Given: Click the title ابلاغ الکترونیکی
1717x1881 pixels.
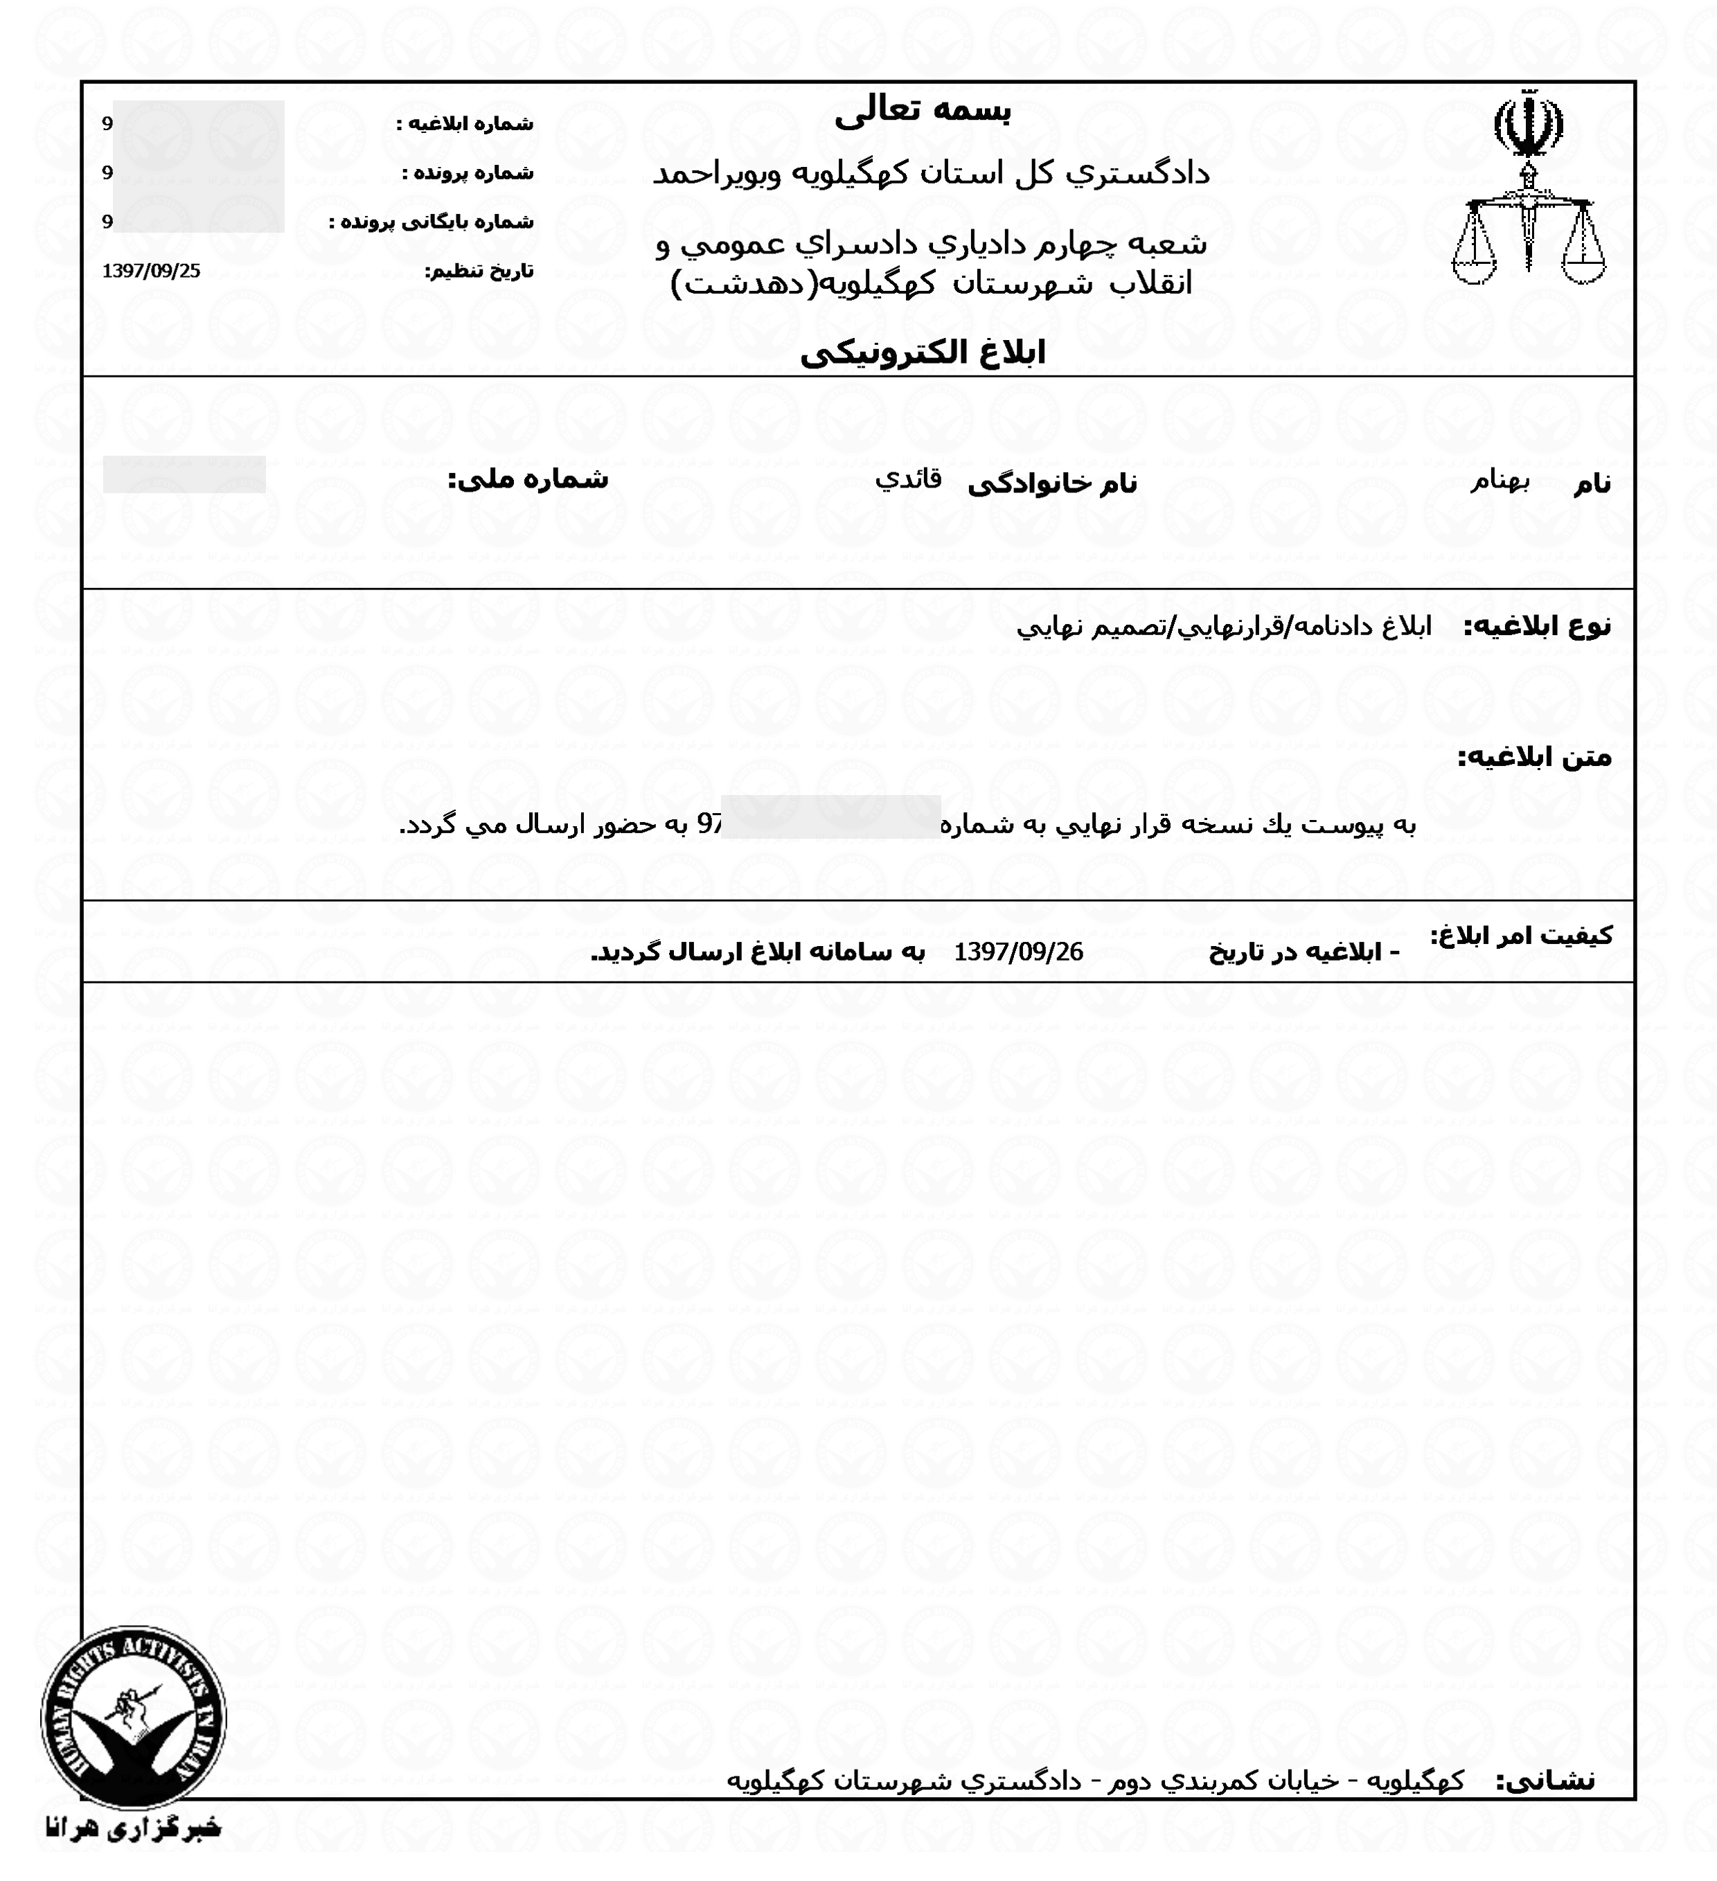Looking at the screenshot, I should pos(922,353).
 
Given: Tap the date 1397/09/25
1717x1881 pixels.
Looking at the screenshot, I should pos(151,271).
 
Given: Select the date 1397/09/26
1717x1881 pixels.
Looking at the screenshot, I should pos(1018,952).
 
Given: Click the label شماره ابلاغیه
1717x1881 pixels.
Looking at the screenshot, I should pos(465,124).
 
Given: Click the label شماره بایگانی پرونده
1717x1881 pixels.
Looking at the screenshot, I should pos(431,223).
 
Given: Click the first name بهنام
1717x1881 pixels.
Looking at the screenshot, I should pos(1500,481).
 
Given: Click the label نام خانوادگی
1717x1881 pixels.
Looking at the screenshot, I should pos(1053,483).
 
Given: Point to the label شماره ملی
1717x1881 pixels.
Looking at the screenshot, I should pos(528,479).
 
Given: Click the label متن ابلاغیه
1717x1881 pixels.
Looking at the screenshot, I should pos(1535,758).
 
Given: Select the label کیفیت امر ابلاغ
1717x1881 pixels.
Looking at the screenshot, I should pos(1521,936).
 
